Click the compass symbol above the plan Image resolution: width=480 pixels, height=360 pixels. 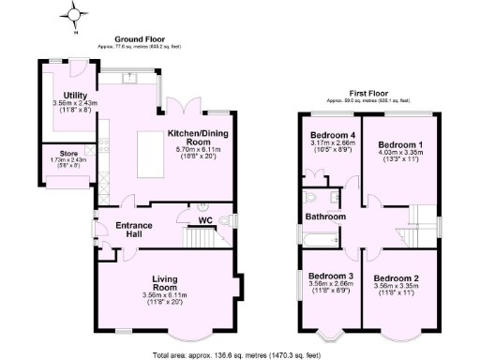[74, 14]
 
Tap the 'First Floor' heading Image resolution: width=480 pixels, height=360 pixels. [368, 94]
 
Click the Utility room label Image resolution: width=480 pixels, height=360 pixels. [75, 96]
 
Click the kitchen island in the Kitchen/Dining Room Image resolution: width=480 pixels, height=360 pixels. [151, 155]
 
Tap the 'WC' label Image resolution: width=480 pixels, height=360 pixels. [204, 221]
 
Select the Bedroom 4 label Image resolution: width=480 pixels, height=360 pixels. [333, 136]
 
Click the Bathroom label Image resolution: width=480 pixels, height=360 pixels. [323, 217]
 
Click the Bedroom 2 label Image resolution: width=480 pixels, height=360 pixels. [397, 278]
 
